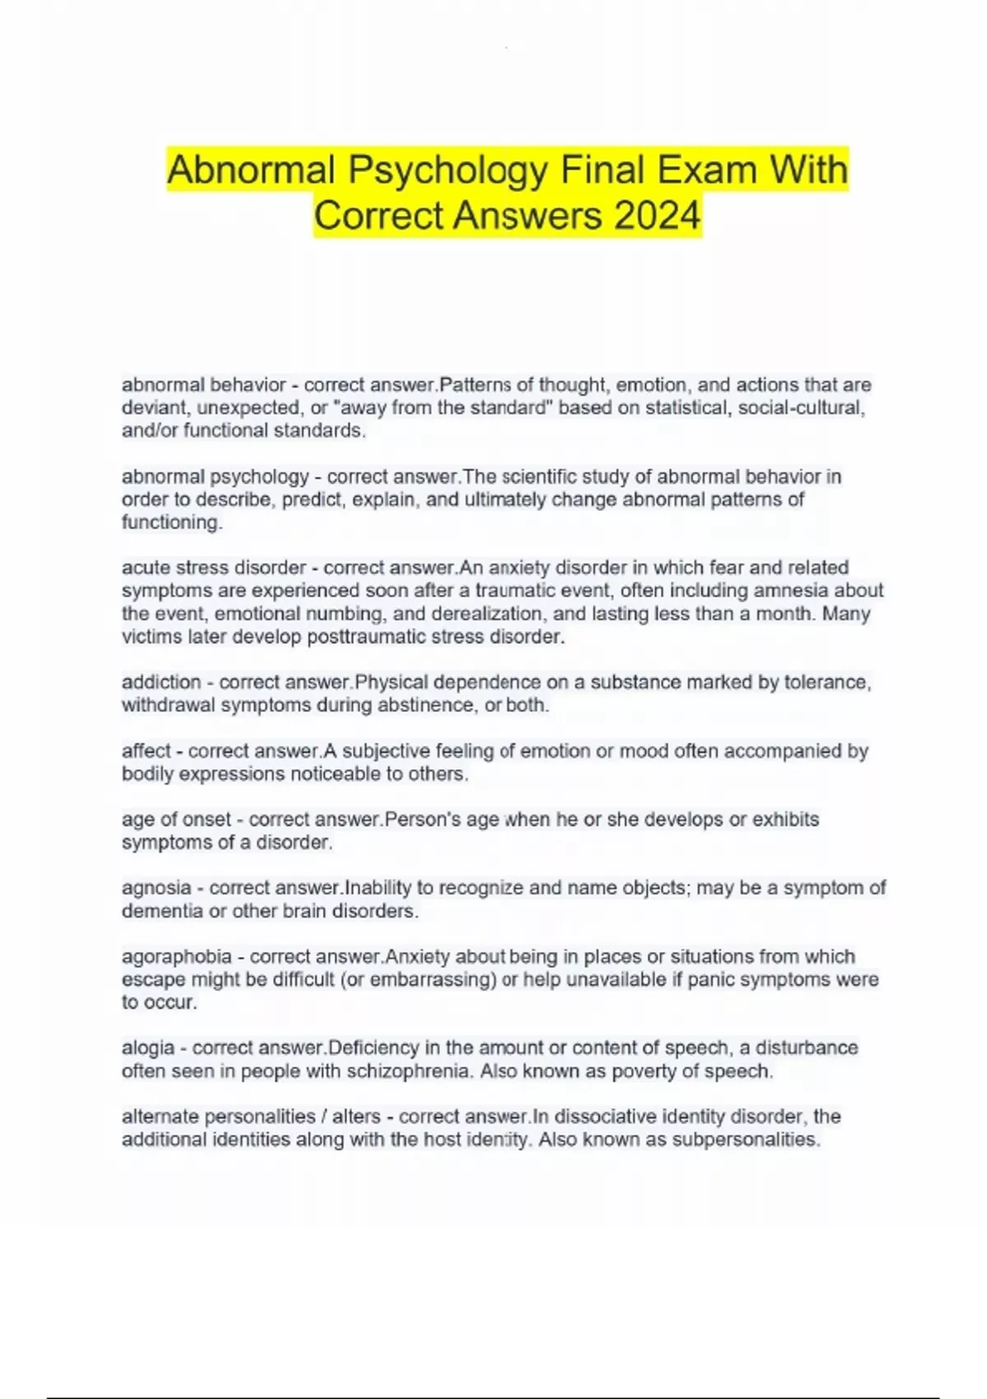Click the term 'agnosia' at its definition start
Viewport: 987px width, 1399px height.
point(156,888)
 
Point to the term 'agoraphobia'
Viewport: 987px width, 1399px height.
point(177,956)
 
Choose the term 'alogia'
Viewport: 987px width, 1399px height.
point(148,1048)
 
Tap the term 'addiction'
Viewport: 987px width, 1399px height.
point(161,682)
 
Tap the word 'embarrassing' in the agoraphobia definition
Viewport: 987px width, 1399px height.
point(433,979)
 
